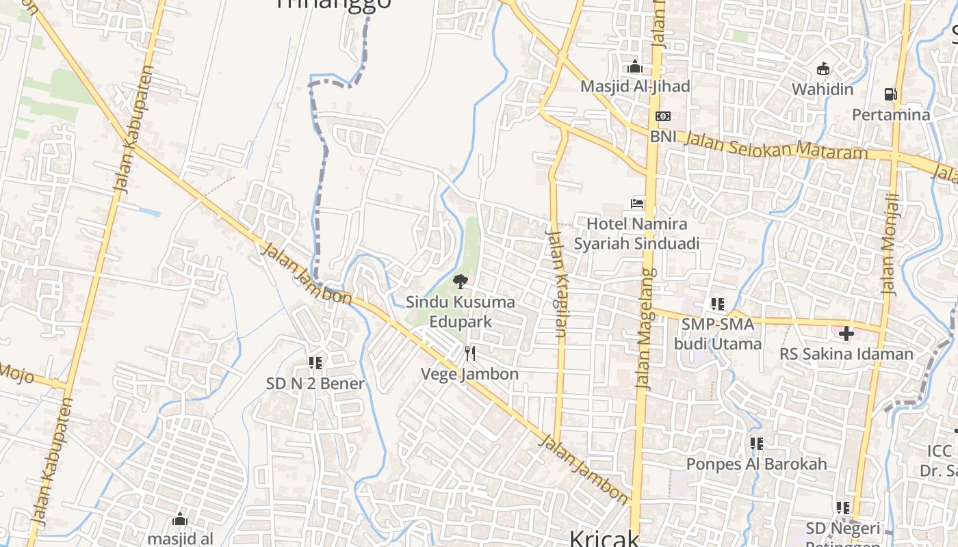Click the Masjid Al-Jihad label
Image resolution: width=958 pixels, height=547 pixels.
coord(635,87)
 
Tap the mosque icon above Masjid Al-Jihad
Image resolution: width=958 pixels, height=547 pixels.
coord(635,67)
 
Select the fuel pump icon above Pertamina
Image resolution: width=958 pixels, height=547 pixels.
coord(890,94)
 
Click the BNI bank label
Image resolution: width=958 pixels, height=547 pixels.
coord(663,136)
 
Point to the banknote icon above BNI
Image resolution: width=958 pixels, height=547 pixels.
coord(662,116)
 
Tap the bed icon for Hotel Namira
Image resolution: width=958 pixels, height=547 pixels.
coord(637,203)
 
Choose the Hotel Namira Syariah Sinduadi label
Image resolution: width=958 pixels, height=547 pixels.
coord(636,234)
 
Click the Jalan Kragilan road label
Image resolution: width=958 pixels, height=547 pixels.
coord(556,284)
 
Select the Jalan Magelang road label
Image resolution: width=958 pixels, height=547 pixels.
coord(646,328)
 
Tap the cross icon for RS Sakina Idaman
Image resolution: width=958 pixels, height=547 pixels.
coord(846,334)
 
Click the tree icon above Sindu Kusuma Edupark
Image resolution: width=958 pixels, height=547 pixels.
coord(461,281)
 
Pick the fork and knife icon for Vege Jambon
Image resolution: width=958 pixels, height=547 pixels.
coord(469,353)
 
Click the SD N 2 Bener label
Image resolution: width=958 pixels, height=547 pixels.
coord(315,383)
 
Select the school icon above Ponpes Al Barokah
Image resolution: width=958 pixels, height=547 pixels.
coord(756,444)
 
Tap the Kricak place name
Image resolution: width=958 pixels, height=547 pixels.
coord(604,538)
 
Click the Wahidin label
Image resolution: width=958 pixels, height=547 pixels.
coord(823,89)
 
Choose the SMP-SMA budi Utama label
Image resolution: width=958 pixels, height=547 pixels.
coord(718,334)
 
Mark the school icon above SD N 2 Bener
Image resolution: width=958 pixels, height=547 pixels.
coord(315,362)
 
